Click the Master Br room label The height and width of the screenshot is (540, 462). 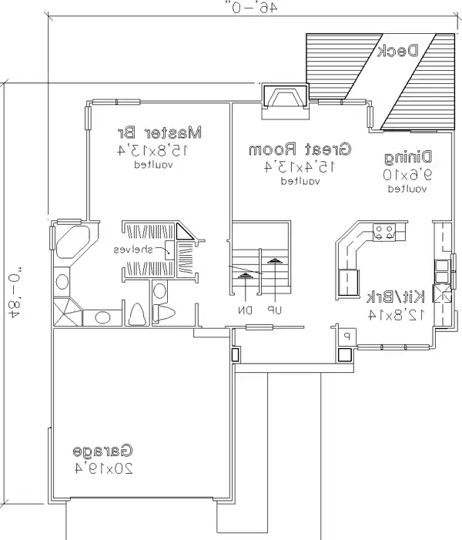tap(164, 132)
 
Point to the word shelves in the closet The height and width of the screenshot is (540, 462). tap(133, 250)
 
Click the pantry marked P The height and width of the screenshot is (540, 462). tap(346, 337)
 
